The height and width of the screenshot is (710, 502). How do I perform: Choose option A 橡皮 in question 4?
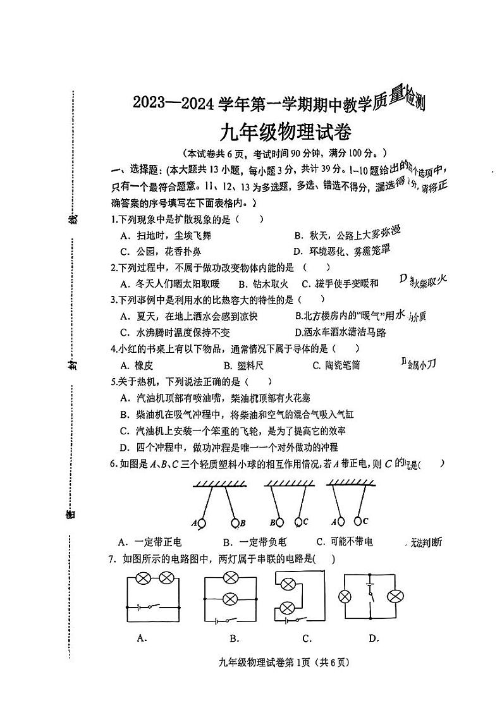pos(137,365)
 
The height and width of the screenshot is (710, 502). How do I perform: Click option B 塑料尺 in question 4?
pos(243,365)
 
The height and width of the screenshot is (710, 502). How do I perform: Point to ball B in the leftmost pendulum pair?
pos(235,522)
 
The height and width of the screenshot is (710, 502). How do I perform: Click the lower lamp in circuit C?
pos(287,608)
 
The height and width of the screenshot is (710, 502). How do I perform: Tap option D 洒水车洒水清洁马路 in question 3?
pos(340,332)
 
